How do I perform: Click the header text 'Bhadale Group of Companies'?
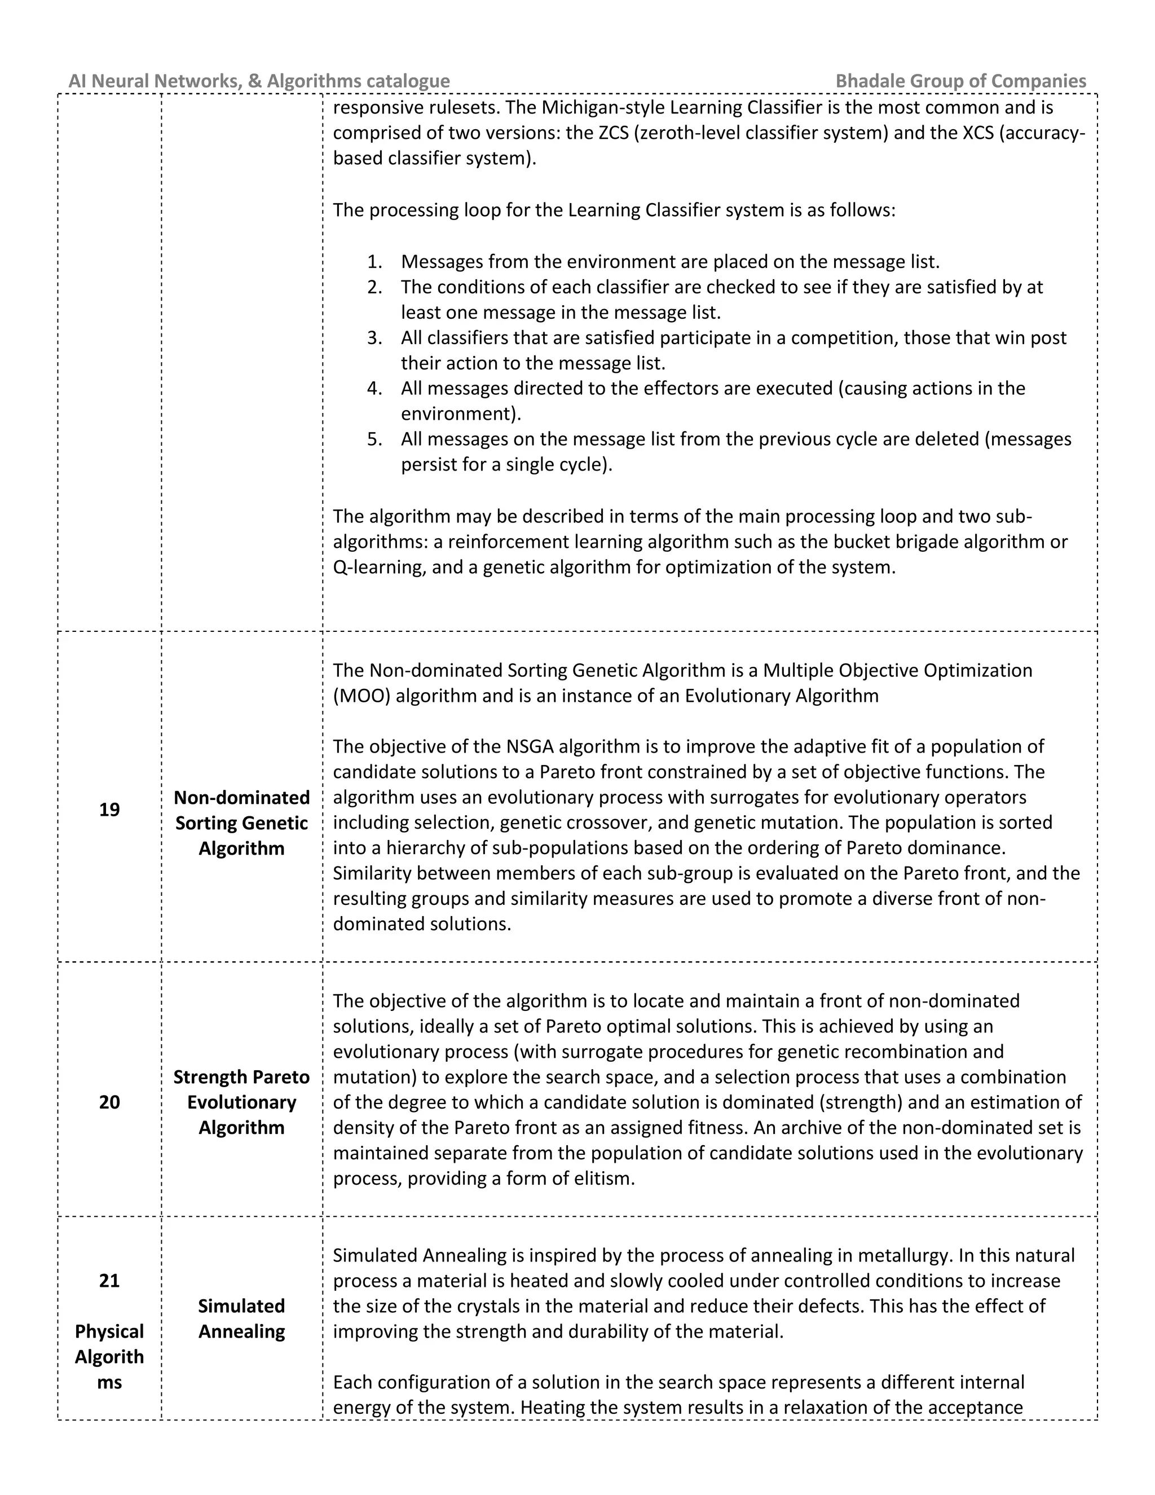(x=960, y=81)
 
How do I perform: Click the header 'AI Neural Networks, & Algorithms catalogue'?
(x=259, y=81)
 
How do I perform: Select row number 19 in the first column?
(x=109, y=810)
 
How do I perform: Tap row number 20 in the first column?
(x=109, y=1102)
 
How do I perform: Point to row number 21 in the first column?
(x=109, y=1281)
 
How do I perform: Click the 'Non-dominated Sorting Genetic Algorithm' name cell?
(x=241, y=823)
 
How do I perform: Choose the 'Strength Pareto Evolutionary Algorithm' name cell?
(x=241, y=1102)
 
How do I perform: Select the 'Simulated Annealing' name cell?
(x=241, y=1318)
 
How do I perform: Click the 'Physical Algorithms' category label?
(x=109, y=1357)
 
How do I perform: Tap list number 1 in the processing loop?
(x=374, y=262)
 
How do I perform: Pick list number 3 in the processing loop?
(x=374, y=338)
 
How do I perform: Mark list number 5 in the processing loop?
(x=374, y=439)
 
